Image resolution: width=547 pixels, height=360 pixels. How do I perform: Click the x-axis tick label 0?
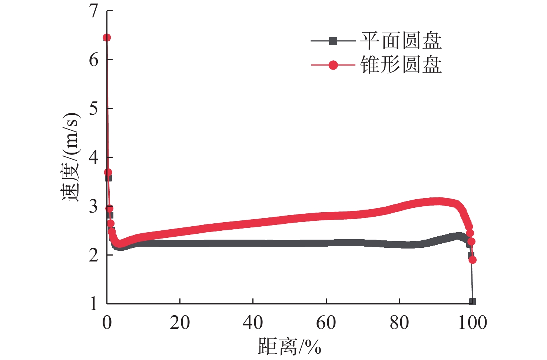(x=107, y=323)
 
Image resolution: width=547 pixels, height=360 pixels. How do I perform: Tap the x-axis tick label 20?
(x=180, y=323)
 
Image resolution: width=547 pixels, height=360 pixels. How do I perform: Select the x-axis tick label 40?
(x=253, y=323)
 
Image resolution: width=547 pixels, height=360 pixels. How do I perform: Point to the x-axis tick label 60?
(x=326, y=323)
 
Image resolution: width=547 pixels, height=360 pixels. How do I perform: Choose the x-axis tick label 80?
(x=399, y=323)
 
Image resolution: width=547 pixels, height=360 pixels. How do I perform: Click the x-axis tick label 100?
(x=473, y=323)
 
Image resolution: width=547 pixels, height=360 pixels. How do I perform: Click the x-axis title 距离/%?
(x=289, y=347)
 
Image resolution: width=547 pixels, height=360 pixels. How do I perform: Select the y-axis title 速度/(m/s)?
(x=70, y=157)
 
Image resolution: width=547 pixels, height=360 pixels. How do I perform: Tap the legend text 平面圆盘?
(x=401, y=41)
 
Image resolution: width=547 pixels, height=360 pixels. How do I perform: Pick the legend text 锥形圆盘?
(x=401, y=65)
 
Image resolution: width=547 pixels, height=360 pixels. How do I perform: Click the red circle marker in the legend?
(x=333, y=65)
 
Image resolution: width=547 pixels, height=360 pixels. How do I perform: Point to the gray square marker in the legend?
(x=333, y=41)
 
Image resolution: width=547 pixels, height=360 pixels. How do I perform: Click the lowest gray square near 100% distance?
(x=473, y=301)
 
